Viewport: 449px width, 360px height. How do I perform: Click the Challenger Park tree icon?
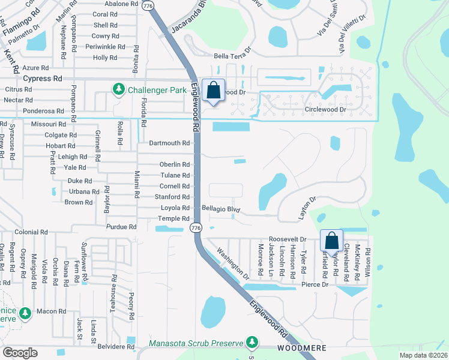118,90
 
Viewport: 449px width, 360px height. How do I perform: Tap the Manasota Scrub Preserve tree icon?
252,343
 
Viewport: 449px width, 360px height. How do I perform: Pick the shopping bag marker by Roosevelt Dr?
331,241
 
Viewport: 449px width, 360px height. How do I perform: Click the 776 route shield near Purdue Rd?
195,228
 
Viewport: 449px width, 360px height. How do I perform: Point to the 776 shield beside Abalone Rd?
147,5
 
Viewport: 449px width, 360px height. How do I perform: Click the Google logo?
20,353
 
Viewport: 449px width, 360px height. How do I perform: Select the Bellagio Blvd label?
221,210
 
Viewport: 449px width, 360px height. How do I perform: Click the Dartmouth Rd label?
170,143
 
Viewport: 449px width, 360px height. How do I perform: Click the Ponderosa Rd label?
43,111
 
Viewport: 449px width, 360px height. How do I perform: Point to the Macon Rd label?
51,311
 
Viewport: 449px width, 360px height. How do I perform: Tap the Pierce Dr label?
316,284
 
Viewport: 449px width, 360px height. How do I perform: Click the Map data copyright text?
423,355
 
